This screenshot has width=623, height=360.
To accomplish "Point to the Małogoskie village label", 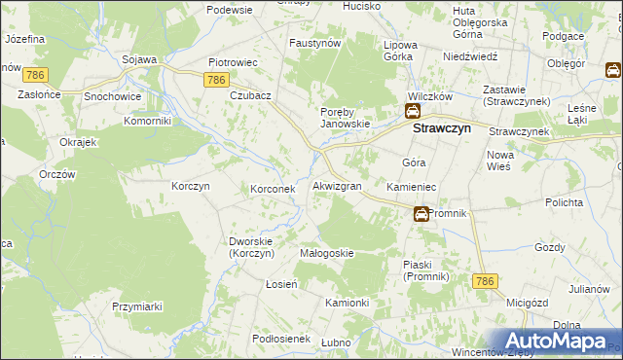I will [x=326, y=253].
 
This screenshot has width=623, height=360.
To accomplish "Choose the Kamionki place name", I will [x=347, y=303].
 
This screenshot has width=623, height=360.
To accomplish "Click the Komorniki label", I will [x=148, y=122].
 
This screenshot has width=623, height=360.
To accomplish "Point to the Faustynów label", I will [x=314, y=44].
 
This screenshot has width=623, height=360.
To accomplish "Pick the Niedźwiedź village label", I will [x=470, y=56].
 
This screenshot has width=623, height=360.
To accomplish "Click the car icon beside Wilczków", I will [x=413, y=113].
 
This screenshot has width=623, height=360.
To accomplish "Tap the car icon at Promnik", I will [x=421, y=214].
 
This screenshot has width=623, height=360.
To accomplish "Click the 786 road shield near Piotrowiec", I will [x=217, y=81].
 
